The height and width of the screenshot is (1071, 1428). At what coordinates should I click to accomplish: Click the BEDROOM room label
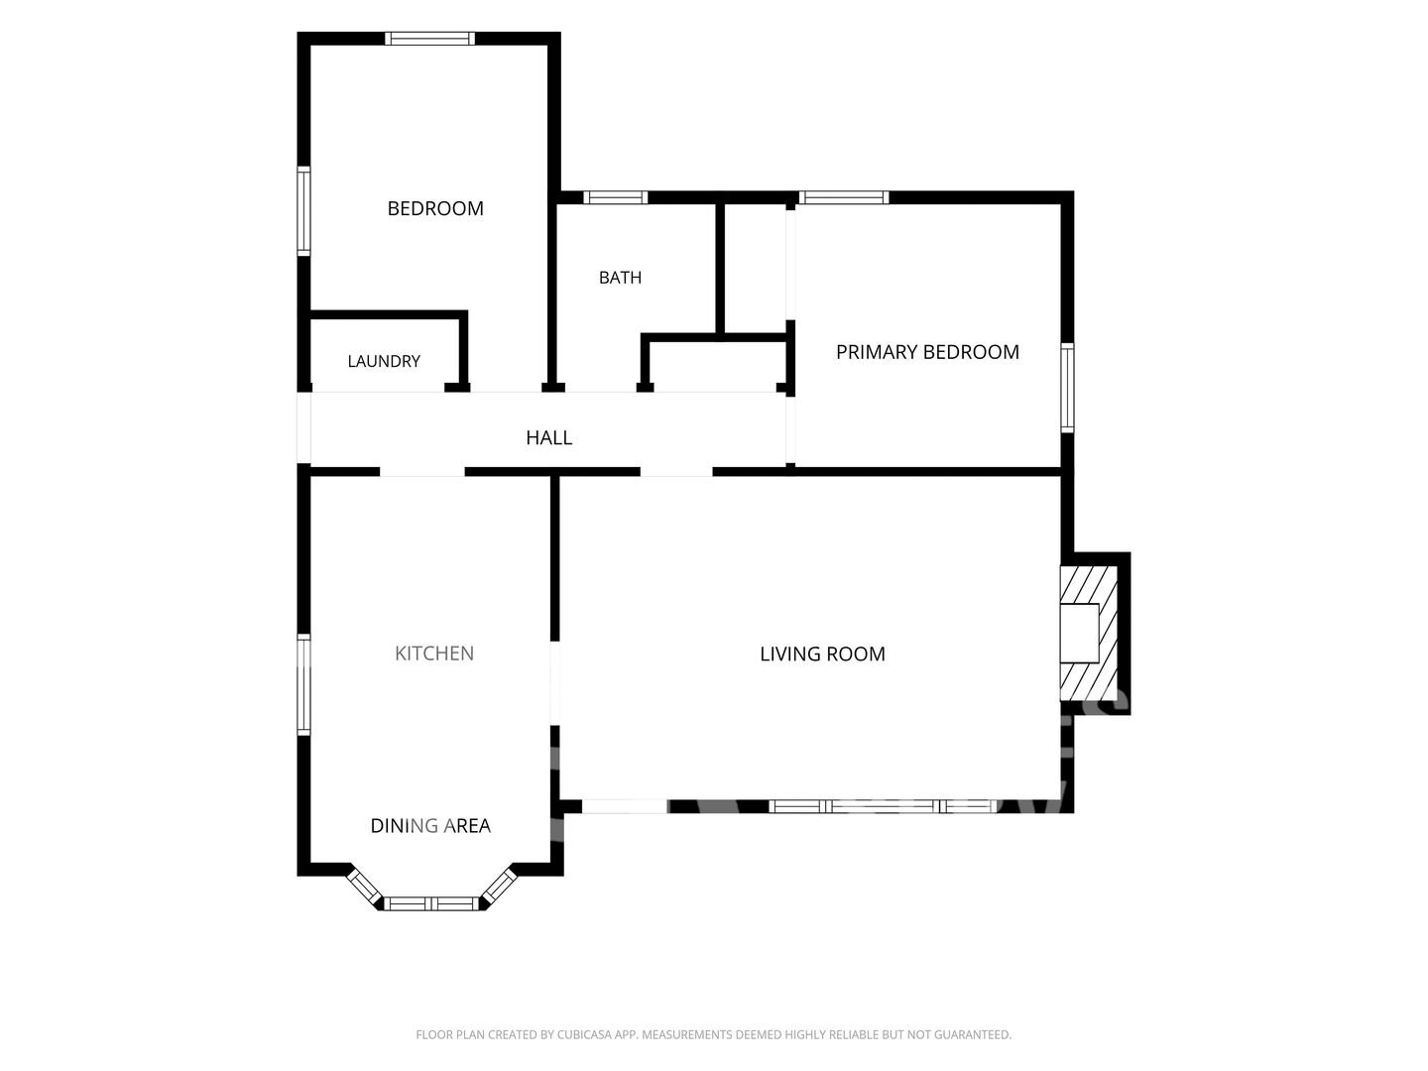pyautogui.click(x=435, y=208)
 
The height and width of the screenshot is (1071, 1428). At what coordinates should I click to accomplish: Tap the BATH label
pyautogui.click(x=620, y=278)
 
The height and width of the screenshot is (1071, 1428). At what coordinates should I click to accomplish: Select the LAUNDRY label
pyautogui.click(x=384, y=361)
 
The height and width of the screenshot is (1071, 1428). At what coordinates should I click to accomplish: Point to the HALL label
pyautogui.click(x=549, y=437)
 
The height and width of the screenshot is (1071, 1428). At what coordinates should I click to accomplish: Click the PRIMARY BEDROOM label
pyautogui.click(x=927, y=352)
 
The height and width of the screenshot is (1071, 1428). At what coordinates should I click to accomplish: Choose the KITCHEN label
pyautogui.click(x=434, y=653)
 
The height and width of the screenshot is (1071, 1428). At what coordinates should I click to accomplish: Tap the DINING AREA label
pyautogui.click(x=430, y=825)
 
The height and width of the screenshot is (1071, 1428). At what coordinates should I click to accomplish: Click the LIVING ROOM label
pyautogui.click(x=822, y=654)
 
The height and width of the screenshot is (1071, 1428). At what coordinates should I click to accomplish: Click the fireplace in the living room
pyautogui.click(x=1089, y=633)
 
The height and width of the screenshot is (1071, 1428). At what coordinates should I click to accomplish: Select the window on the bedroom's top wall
pyautogui.click(x=429, y=39)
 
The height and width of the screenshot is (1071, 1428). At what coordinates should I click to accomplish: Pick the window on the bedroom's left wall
pyautogui.click(x=303, y=210)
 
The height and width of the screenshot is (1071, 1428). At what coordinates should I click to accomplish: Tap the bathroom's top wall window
pyautogui.click(x=616, y=197)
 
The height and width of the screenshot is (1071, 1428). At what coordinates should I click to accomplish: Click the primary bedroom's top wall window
pyautogui.click(x=844, y=197)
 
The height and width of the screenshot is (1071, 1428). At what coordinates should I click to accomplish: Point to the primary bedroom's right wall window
pyautogui.click(x=1067, y=388)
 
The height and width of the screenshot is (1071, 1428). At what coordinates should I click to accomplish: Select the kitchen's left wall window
pyautogui.click(x=303, y=684)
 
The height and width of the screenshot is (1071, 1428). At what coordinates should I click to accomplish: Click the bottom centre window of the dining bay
pyautogui.click(x=430, y=903)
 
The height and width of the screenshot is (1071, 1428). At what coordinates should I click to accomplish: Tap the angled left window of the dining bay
pyautogui.click(x=364, y=886)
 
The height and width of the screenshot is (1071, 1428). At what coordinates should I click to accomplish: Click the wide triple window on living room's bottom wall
pyautogui.click(x=883, y=806)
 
